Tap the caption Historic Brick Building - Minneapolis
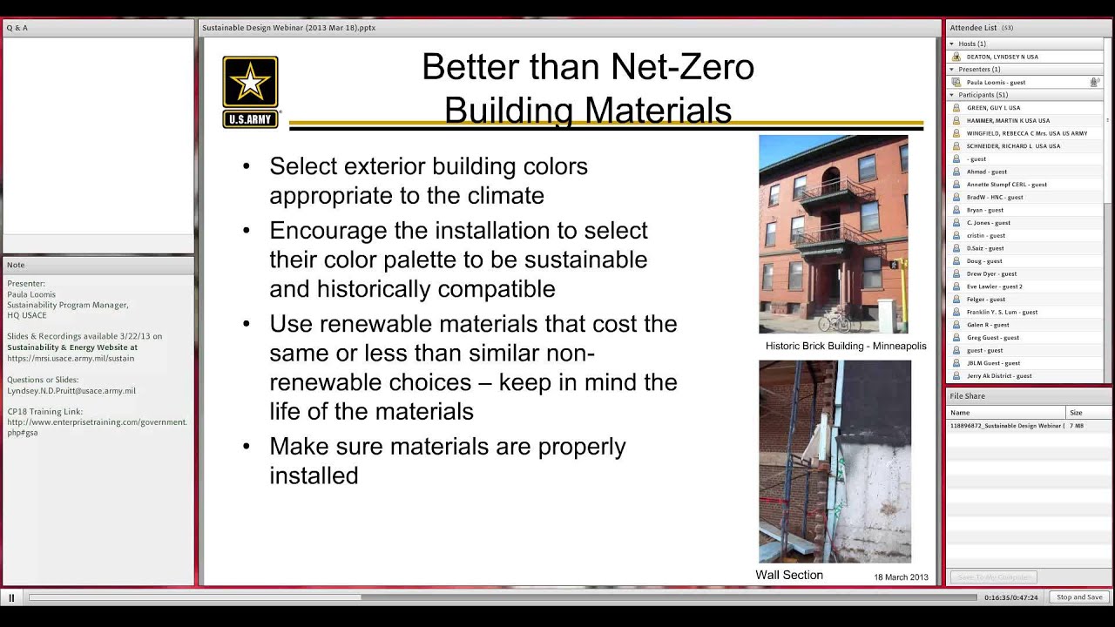point(845,346)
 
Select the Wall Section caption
point(788,575)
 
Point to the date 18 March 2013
point(901,577)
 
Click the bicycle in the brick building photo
point(834,321)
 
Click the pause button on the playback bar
point(11,597)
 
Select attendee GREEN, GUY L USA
point(993,108)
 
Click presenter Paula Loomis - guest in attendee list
point(996,83)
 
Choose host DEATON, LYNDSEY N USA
point(1002,57)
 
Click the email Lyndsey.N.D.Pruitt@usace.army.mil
point(71,391)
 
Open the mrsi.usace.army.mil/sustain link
point(71,358)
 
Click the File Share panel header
point(967,396)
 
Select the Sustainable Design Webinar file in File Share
point(1005,426)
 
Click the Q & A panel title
point(17,28)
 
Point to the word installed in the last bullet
point(314,475)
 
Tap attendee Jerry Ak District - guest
point(998,376)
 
